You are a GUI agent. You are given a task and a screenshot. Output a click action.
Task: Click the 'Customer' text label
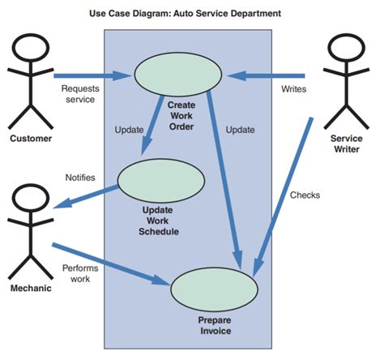point(31,138)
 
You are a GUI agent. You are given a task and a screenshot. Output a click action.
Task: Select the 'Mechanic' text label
point(32,288)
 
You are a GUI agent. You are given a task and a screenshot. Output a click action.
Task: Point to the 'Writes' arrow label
point(293,88)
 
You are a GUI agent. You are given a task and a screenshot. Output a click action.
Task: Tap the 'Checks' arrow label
point(305,195)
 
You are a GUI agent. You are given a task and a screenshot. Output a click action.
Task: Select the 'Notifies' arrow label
point(80,177)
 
